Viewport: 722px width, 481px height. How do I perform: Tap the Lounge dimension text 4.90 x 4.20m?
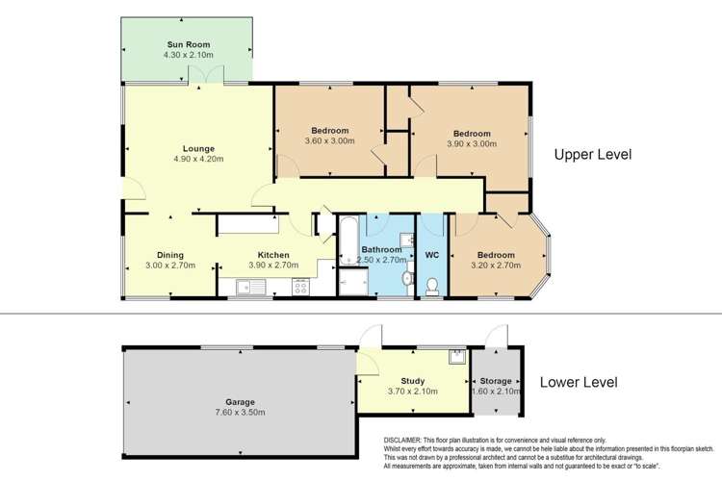199,159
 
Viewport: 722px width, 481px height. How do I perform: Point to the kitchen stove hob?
300,286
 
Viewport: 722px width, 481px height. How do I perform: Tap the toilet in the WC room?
433,285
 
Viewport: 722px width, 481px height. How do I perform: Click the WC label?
432,256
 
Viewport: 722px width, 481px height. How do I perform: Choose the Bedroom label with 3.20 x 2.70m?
496,255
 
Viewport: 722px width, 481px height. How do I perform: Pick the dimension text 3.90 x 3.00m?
472,143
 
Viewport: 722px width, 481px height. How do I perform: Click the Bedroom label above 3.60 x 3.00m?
330,130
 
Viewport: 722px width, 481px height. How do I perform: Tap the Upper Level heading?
592,154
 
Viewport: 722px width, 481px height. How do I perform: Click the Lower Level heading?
578,382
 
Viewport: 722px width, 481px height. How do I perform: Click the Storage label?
497,382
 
